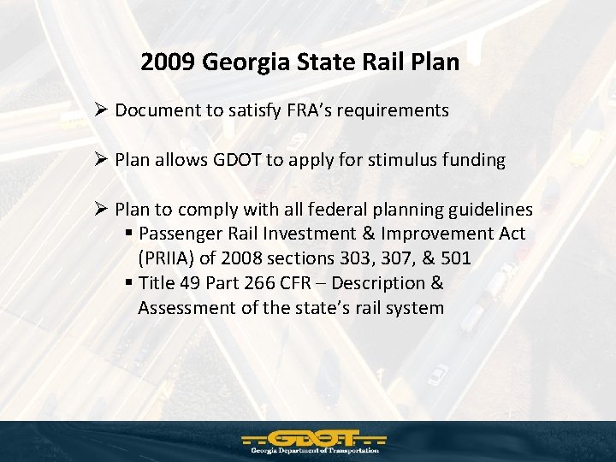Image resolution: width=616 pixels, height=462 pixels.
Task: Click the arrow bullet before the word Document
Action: point(101,110)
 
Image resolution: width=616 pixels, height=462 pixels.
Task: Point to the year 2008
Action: point(240,258)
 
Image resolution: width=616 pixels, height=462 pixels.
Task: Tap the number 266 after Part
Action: point(254,283)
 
